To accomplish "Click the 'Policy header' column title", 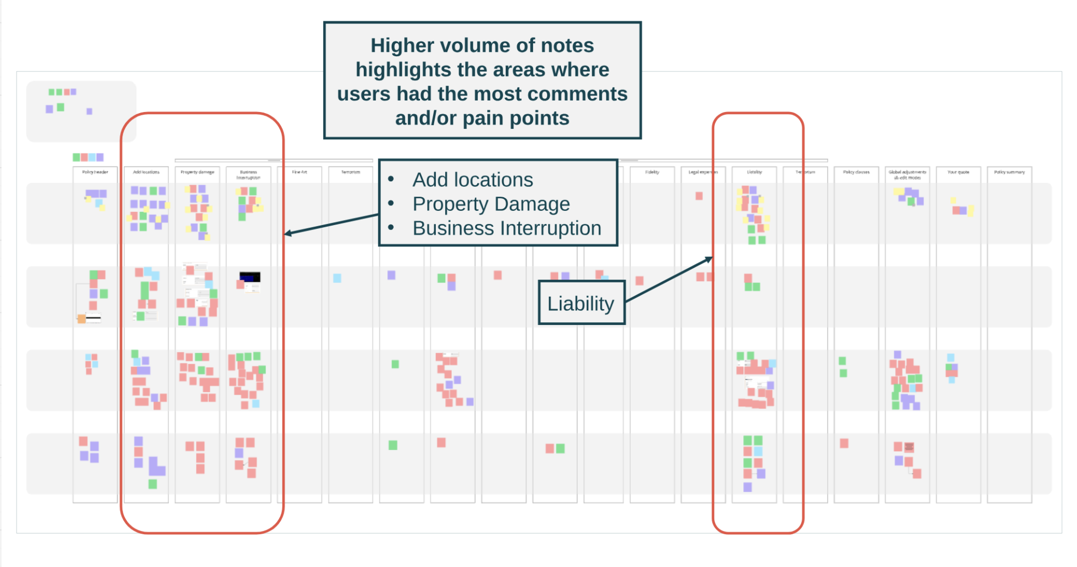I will (95, 172).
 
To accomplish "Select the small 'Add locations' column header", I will (146, 172).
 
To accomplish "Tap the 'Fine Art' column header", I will (299, 172).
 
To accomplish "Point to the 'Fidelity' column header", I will (652, 172).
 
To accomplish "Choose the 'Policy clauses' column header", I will (856, 172).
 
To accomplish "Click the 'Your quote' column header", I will (958, 172).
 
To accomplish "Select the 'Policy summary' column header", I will (1009, 172).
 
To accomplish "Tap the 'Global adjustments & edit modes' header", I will (907, 175).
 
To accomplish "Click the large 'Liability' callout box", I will (581, 303).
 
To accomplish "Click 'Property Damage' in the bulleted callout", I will (491, 204).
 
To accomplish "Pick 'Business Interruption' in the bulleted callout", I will (506, 228).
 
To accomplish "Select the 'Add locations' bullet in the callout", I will (472, 180).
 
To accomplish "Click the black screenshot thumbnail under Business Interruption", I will (250, 277).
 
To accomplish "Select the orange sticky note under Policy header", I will (81, 318).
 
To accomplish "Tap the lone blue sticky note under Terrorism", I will (337, 278).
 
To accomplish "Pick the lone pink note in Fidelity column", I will (639, 281).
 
